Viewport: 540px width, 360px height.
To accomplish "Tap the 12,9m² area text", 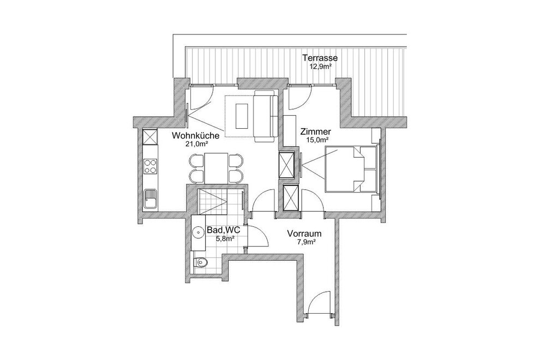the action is pyautogui.click(x=320, y=67).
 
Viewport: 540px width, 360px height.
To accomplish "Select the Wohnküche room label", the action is pyautogui.click(x=195, y=136).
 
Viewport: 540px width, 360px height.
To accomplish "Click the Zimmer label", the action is pyautogui.click(x=316, y=131).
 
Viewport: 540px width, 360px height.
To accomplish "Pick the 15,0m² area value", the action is pyautogui.click(x=317, y=140).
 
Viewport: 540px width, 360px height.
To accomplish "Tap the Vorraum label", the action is pyautogui.click(x=304, y=234).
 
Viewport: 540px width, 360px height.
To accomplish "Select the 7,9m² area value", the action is pyautogui.click(x=307, y=242).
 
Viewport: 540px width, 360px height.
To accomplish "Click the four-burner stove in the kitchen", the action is pyautogui.click(x=150, y=166).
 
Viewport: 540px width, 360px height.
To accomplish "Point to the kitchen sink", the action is pyautogui.click(x=150, y=199).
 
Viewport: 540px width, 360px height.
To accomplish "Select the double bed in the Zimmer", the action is pyautogui.click(x=351, y=169).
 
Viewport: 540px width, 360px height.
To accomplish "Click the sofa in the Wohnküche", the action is pyautogui.click(x=266, y=116).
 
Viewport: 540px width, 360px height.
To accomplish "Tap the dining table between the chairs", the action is pyautogui.click(x=216, y=169).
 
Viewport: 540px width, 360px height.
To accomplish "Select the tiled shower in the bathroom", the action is pyautogui.click(x=213, y=201).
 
